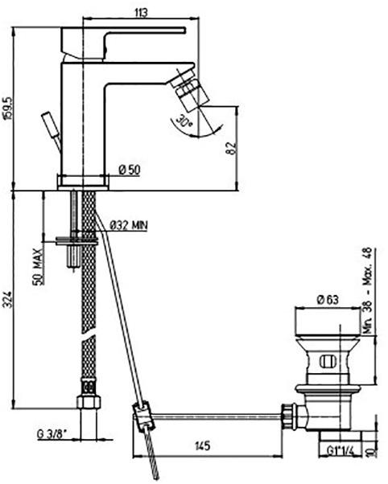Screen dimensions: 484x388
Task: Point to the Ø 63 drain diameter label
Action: [327, 299]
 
